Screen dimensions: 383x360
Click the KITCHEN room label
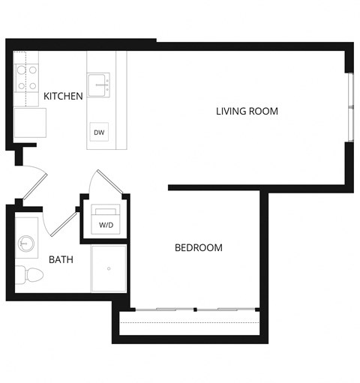(63, 97)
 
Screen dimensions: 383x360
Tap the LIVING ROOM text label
(247, 112)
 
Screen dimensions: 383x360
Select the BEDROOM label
(198, 247)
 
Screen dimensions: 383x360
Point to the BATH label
(61, 260)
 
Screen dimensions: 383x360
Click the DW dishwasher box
(99, 132)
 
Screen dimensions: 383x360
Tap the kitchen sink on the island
(99, 84)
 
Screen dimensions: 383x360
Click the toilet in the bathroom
(31, 275)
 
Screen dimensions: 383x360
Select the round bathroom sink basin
(26, 243)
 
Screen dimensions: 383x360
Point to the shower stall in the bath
(109, 268)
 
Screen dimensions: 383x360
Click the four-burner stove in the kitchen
(27, 77)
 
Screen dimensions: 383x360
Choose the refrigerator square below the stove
(30, 123)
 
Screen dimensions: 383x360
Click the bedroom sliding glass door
(195, 310)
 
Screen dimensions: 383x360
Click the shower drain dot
(109, 268)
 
